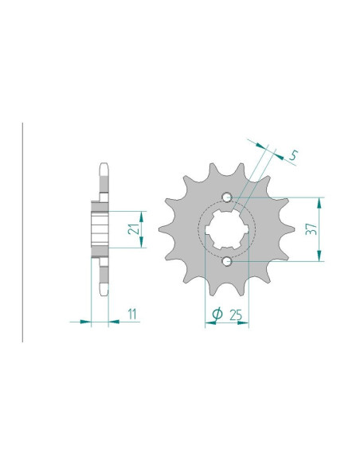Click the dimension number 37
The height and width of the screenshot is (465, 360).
(x=311, y=229)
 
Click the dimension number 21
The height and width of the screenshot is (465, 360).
(x=134, y=229)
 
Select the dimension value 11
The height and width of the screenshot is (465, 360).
(x=132, y=314)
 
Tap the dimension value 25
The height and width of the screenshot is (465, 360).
(x=236, y=315)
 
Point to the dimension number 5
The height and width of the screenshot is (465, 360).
(x=293, y=155)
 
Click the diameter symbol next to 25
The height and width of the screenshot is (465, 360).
(x=217, y=314)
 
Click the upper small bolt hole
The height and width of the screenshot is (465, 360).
(x=228, y=197)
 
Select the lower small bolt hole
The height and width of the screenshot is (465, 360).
(x=228, y=261)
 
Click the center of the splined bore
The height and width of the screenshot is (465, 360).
(x=227, y=229)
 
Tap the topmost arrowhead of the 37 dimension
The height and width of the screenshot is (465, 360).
(x=319, y=202)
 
